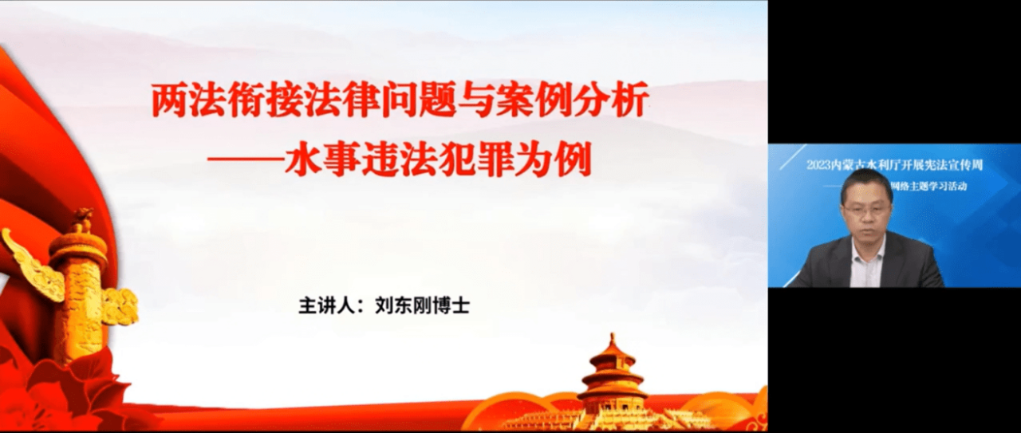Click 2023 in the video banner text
[819, 165]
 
